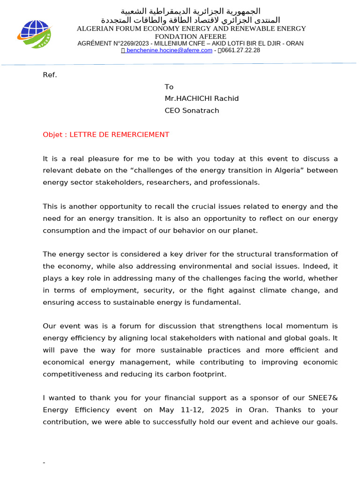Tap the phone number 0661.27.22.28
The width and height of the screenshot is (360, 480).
(240, 50)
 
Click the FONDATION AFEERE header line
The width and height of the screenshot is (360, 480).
(191, 36)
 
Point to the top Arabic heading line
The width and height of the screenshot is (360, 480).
(191, 11)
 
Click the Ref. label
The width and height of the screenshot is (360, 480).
(50, 75)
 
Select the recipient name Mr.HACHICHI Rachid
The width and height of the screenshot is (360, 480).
(202, 98)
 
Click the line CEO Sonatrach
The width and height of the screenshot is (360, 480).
(192, 111)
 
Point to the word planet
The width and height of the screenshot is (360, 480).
(245, 231)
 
